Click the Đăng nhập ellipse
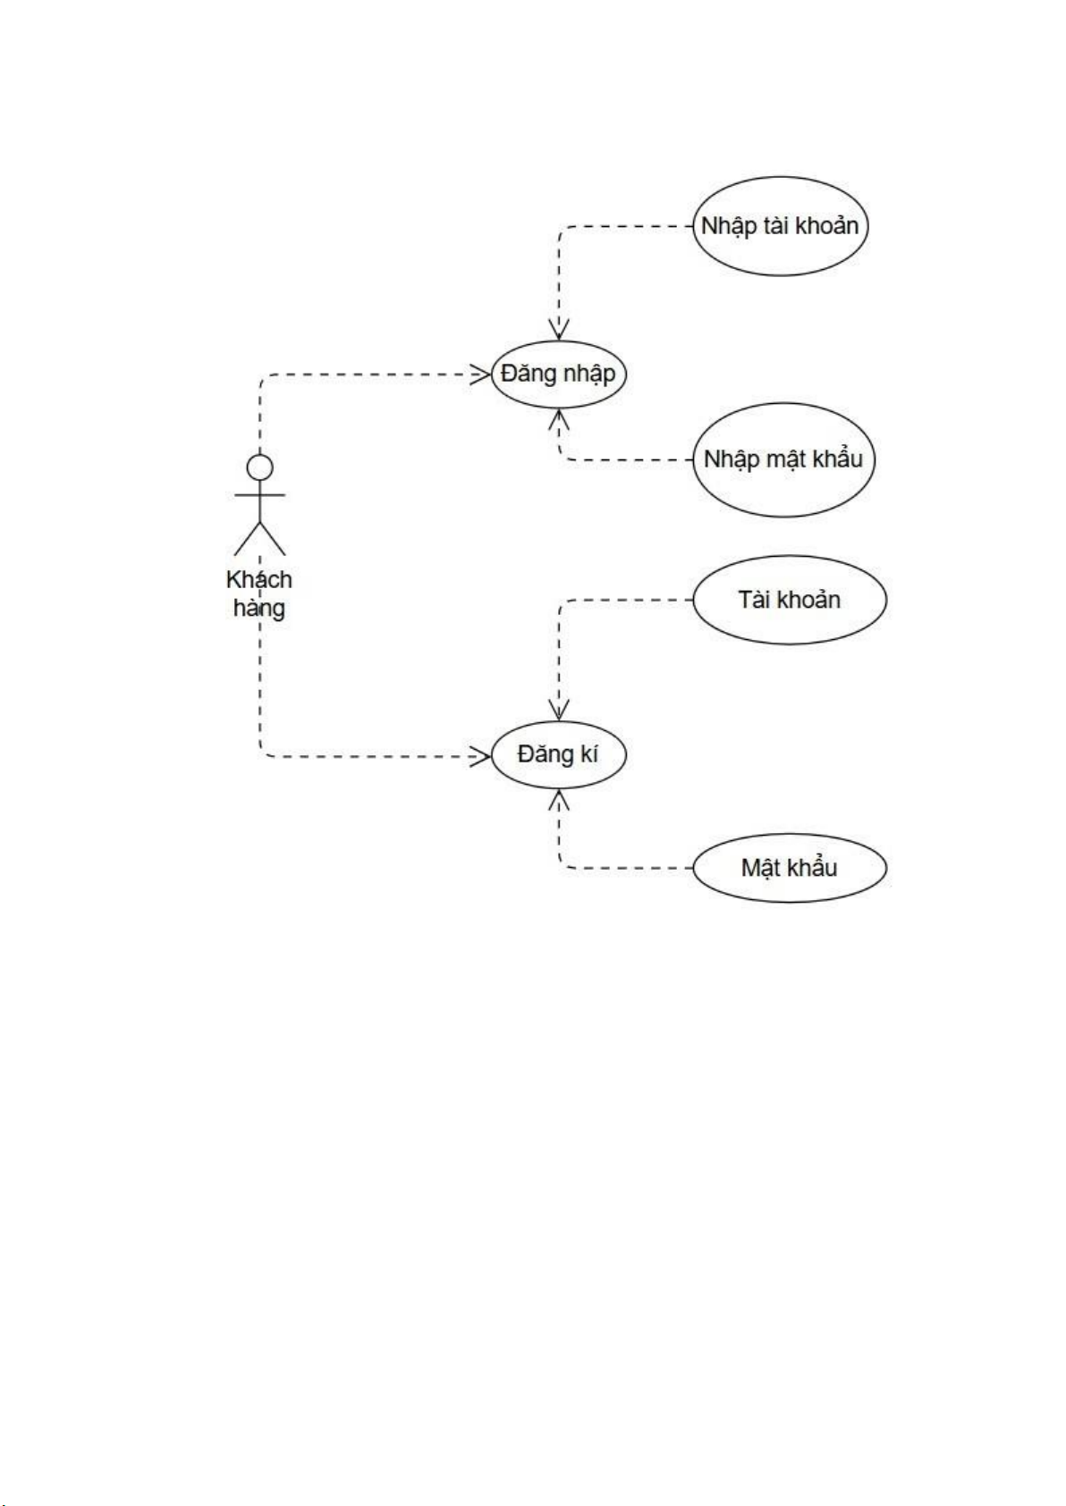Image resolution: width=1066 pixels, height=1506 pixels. click(558, 374)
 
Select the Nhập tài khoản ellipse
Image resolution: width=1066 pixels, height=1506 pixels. click(781, 226)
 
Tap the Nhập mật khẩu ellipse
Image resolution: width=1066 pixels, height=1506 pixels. click(783, 460)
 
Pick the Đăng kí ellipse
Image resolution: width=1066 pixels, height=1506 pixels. click(558, 755)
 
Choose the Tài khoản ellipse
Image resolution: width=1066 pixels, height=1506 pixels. click(790, 600)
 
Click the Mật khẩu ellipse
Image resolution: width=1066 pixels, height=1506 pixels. click(790, 868)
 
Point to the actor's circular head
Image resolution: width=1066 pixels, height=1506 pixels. click(259, 467)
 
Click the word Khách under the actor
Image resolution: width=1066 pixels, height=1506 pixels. click(259, 580)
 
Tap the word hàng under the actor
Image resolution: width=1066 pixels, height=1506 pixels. click(259, 609)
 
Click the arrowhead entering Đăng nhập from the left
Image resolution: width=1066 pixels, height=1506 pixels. click(480, 374)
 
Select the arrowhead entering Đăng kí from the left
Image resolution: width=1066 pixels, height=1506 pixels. click(480, 757)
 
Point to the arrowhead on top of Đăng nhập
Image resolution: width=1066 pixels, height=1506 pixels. click(560, 330)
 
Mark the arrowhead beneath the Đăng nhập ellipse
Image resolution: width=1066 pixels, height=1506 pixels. click(560, 418)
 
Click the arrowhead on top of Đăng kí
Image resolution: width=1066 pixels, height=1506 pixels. click(560, 711)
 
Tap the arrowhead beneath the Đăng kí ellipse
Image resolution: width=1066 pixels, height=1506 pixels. click(560, 799)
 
